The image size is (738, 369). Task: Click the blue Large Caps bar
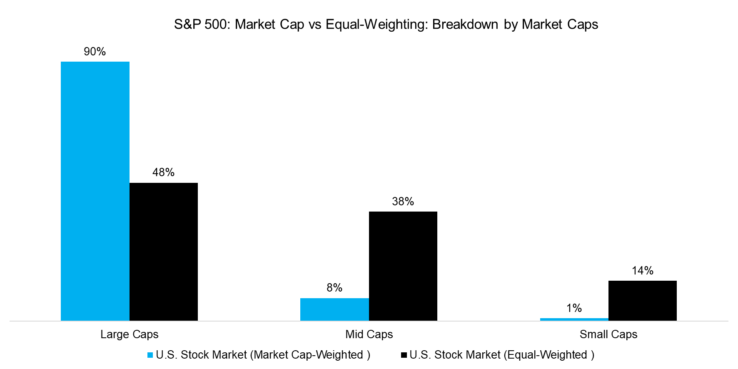pos(95,191)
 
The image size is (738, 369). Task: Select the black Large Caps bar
pos(163,252)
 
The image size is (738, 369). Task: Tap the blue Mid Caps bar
pos(334,309)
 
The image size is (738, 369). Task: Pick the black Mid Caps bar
pos(403,266)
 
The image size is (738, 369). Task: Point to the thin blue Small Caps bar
pos(574,319)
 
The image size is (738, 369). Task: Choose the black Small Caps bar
pos(642,300)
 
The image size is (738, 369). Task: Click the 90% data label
pos(95,52)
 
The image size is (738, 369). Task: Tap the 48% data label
pos(163,172)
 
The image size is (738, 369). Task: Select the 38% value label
pos(403,202)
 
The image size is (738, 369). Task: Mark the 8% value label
pos(334,288)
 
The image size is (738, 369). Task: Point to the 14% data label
pos(642,271)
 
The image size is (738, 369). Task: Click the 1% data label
pos(574,308)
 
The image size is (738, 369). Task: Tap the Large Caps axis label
pos(129,334)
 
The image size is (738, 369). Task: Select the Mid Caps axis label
pos(369,334)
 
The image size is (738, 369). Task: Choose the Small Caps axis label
pos(608,334)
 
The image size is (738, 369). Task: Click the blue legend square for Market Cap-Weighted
pos(150,355)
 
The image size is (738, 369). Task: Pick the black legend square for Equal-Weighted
pos(404,355)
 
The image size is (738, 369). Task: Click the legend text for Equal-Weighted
pos(501,355)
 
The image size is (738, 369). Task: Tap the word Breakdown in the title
pos(465,25)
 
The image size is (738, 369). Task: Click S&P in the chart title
pos(187,25)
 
